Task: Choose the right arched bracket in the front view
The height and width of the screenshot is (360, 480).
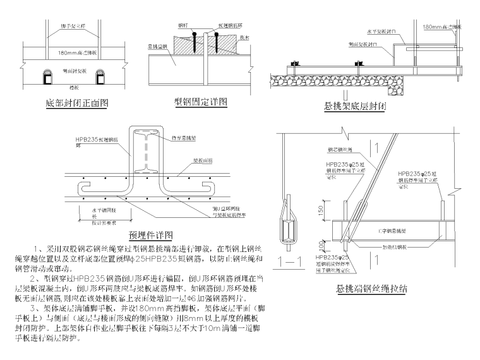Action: pos(101,78)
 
